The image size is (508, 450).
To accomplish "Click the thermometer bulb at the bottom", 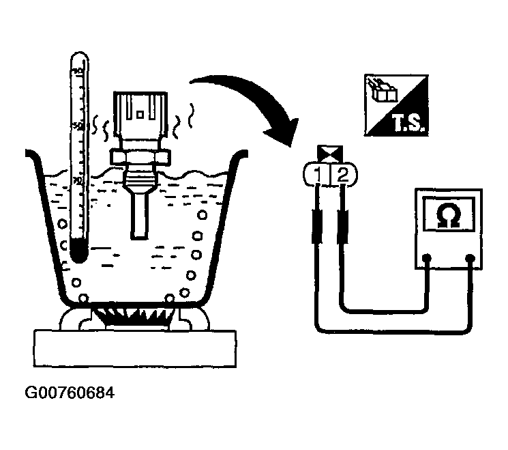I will [x=78, y=255].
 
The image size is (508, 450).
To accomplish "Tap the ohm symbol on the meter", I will [x=445, y=216].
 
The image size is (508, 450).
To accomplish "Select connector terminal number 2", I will [x=342, y=176].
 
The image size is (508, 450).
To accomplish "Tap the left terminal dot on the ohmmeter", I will [x=428, y=258].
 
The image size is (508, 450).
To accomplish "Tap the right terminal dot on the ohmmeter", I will [x=471, y=258].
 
